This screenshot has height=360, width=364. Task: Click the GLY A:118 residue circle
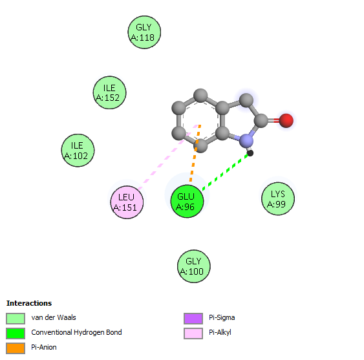click(144, 32)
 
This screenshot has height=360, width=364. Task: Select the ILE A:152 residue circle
click(109, 92)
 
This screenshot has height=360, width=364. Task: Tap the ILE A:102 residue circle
click(78, 151)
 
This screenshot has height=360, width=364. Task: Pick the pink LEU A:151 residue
click(127, 202)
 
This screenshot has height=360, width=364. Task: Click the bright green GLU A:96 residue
click(187, 201)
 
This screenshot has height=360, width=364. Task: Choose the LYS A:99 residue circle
click(278, 198)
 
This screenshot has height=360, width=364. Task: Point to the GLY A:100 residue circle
click(193, 266)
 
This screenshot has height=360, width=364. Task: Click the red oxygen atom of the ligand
click(286, 120)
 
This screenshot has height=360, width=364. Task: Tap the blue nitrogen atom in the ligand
click(246, 141)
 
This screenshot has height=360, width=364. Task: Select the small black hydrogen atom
click(250, 153)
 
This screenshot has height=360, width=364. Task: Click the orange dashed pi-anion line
click(195, 153)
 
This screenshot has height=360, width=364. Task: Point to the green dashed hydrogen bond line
click(225, 172)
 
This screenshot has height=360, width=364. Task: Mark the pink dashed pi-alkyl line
click(168, 157)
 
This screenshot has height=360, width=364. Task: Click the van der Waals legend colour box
click(16, 318)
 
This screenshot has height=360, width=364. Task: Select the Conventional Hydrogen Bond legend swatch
click(16, 334)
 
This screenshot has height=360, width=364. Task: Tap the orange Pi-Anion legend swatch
click(16, 348)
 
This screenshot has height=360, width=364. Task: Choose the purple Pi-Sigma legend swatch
click(193, 318)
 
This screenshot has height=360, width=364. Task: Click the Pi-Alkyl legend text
click(220, 332)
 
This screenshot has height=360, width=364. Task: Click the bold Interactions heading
click(29, 303)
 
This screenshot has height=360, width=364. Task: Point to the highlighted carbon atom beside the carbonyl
click(246, 100)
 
